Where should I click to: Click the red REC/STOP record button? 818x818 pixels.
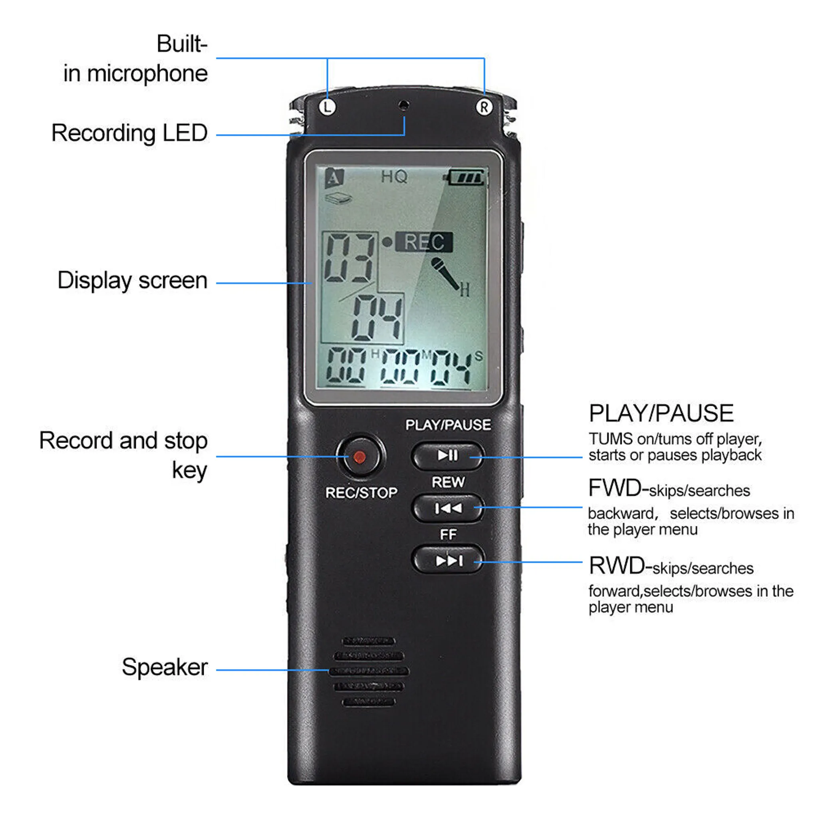click(360, 457)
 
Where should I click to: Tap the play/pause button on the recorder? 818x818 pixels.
click(447, 456)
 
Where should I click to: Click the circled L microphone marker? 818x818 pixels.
click(327, 107)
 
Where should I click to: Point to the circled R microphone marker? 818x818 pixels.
click(484, 107)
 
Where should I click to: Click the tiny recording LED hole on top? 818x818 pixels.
click(404, 104)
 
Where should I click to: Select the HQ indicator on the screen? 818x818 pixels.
click(394, 177)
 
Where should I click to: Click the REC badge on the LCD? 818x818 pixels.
click(424, 242)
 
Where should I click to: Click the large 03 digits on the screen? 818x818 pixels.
click(349, 258)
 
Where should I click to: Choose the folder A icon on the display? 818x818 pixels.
click(334, 178)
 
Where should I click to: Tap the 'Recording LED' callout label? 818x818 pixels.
click(129, 133)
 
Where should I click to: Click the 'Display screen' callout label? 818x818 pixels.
click(133, 281)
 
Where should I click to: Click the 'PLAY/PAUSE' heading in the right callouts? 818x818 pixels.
click(661, 413)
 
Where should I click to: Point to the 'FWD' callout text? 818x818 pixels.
click(616, 488)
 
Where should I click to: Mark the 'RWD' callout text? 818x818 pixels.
click(617, 566)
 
